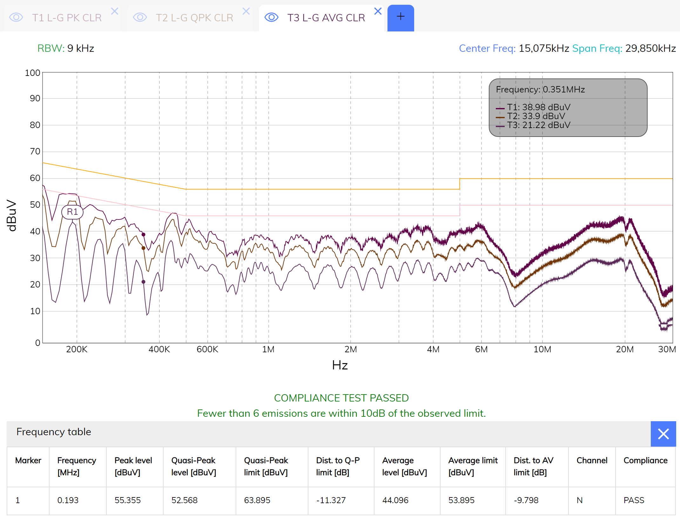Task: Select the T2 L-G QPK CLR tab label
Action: (x=194, y=18)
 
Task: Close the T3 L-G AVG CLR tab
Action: (x=378, y=11)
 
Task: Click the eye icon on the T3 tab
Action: (x=272, y=17)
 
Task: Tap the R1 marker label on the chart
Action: (x=72, y=212)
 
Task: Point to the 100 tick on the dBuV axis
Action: (x=32, y=73)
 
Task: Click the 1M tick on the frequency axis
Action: (x=268, y=349)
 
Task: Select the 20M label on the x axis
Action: (x=625, y=349)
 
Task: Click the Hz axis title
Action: (x=340, y=365)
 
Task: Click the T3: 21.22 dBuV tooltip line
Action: (x=538, y=125)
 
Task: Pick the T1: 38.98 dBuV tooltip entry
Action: (x=538, y=107)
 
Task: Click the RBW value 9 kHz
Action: (x=81, y=48)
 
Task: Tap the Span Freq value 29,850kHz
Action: (x=650, y=48)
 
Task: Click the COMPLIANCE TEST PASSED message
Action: (x=341, y=398)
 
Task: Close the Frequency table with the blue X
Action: (x=663, y=434)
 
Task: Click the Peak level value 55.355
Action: (x=128, y=500)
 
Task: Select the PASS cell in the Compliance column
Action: (x=634, y=500)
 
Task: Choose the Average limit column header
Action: (x=473, y=466)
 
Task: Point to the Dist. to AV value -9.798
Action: (x=526, y=500)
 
